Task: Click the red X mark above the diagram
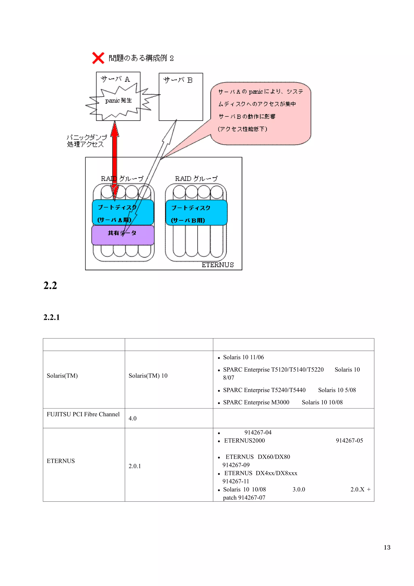pos(98,58)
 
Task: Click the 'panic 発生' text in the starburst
pos(118,100)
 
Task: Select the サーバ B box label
pos(178,80)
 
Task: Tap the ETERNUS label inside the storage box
pos(218,265)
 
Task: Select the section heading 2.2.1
pos(52,317)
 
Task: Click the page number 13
pos(387,547)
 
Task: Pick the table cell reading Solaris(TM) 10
pos(148,376)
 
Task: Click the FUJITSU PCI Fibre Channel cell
pos(83,414)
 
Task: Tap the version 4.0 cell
pos(133,418)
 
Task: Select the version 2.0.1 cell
pos(135,466)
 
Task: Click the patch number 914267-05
pos(349,441)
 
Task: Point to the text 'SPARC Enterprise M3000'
pos(256,402)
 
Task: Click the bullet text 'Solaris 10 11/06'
pos(243,357)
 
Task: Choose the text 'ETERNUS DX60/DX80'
pos(258,457)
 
